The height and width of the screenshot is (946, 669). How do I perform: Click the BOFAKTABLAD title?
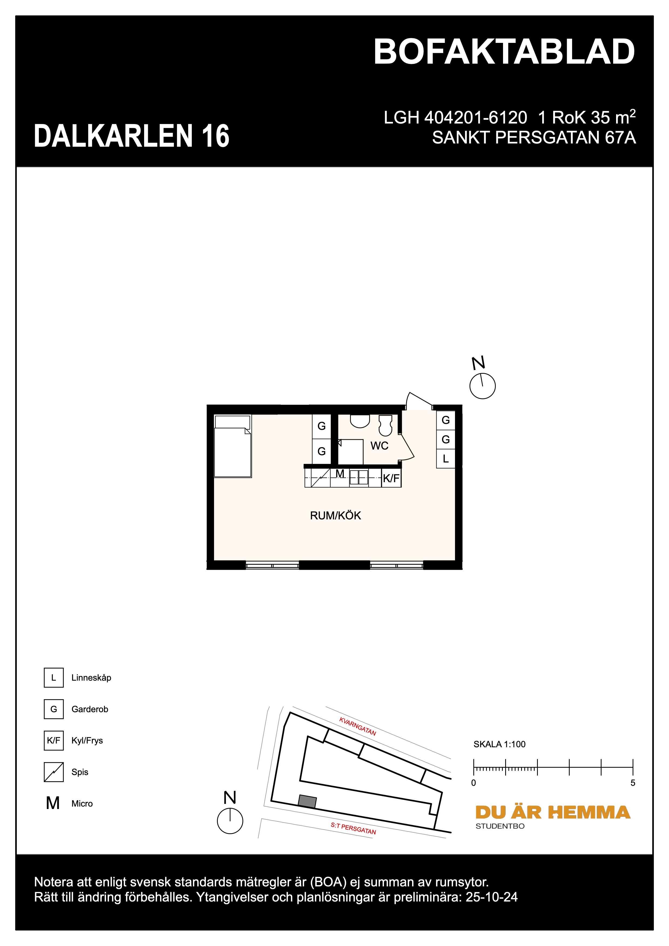pos(504,52)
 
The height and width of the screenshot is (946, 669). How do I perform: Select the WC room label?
pos(379,446)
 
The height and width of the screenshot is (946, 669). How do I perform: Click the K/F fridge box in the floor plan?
pos(391,478)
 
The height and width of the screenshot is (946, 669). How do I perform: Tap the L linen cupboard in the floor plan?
pos(446,459)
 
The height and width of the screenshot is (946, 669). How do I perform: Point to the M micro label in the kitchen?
pos(340,474)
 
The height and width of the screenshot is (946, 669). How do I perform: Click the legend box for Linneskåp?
pos(54,678)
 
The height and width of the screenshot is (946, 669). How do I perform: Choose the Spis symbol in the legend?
pos(54,772)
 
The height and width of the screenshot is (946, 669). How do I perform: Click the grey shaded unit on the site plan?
pos(307,801)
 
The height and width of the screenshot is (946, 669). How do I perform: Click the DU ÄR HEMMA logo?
pos(552,813)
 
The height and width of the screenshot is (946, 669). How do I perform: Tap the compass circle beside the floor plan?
pos(482,386)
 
